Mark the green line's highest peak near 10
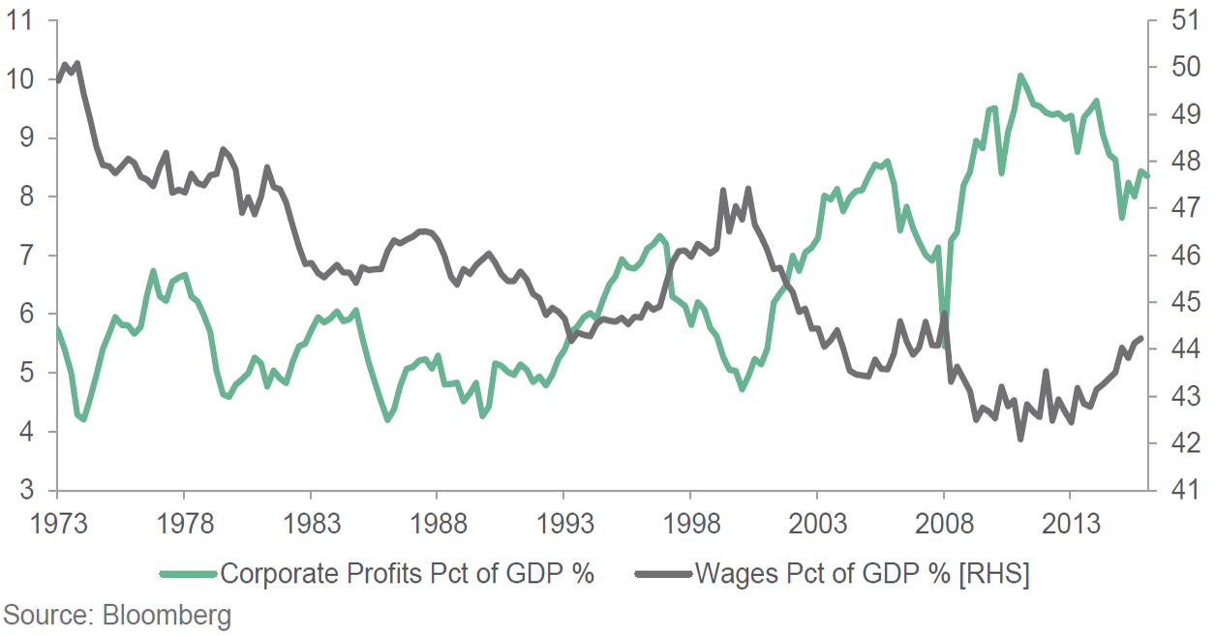click(1019, 75)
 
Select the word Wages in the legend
click(729, 573)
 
